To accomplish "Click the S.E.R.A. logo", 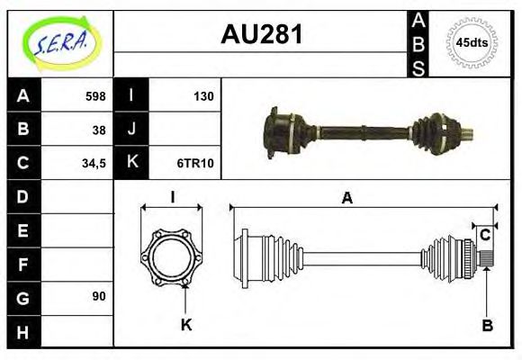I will pyautogui.click(x=58, y=41).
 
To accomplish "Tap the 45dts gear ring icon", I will pyautogui.click(x=472, y=41).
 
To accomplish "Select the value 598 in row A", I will pyautogui.click(x=94, y=96).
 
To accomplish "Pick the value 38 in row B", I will pyautogui.click(x=98, y=130).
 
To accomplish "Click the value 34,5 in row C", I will pyautogui.click(x=93, y=163).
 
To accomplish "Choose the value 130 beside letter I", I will pyautogui.click(x=202, y=96).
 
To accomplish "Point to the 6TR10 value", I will pyautogui.click(x=195, y=163).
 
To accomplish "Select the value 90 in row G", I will pyautogui.click(x=98, y=296).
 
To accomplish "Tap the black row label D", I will pyautogui.click(x=22, y=196).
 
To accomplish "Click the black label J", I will pyautogui.click(x=131, y=130).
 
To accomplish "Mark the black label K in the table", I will pyautogui.click(x=131, y=163).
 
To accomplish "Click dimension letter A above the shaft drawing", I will pyautogui.click(x=346, y=197).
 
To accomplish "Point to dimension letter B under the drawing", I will pyautogui.click(x=487, y=325).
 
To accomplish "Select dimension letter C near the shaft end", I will pyautogui.click(x=485, y=235).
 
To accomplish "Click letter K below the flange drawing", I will pyautogui.click(x=186, y=325).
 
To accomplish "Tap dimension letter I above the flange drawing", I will pyautogui.click(x=171, y=197).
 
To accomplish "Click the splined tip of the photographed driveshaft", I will pyautogui.click(x=468, y=136).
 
